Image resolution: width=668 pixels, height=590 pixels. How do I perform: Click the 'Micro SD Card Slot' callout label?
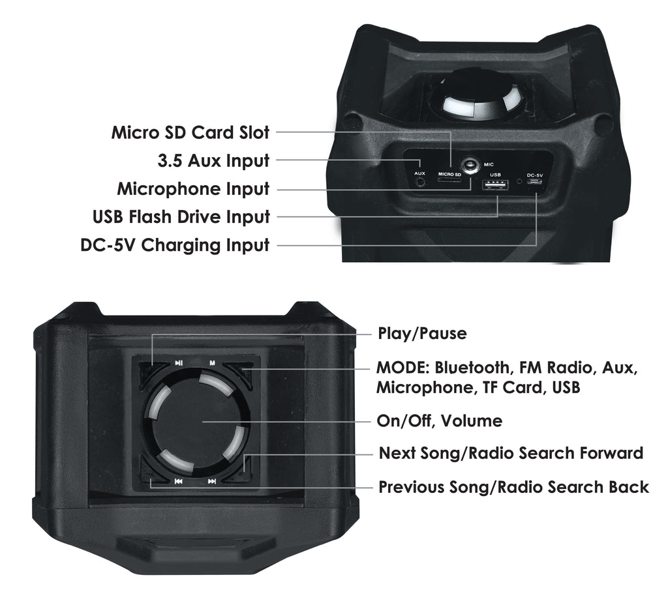190,132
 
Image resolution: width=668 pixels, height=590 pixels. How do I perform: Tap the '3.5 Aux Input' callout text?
213,160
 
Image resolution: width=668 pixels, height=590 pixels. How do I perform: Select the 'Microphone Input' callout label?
193,188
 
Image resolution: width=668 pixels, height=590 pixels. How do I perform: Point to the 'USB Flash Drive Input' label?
181,216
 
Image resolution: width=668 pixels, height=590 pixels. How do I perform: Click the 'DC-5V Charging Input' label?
175,244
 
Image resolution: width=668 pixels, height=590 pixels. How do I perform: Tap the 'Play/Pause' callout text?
422,333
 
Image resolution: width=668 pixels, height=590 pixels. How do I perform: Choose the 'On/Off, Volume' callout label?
440,421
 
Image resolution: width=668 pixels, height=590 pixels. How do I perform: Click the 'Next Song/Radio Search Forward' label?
511,453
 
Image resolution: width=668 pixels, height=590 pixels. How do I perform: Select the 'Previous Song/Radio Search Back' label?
513,486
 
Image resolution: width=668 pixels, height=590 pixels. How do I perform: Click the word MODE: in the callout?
402,368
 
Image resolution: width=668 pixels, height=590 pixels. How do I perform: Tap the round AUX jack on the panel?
421,182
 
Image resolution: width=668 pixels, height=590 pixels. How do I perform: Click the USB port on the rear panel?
496,185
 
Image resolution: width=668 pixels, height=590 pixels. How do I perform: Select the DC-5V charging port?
535,181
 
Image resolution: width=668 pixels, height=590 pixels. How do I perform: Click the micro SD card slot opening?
449,180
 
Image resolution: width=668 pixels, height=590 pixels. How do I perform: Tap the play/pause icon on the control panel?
179,363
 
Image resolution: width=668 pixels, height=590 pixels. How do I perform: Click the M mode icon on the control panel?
212,363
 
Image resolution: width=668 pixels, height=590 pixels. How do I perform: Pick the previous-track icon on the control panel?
179,481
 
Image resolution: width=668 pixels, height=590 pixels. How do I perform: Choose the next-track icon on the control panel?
212,481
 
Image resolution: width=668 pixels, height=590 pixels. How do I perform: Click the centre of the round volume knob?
196,421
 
